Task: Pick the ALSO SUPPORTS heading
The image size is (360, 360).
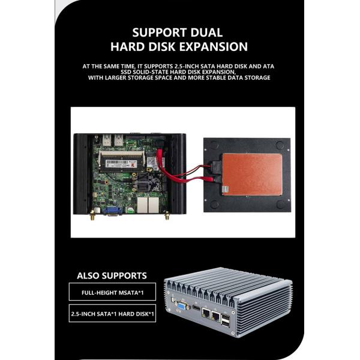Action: (x=112, y=276)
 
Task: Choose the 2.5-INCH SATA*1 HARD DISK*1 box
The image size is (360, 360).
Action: (x=112, y=313)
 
